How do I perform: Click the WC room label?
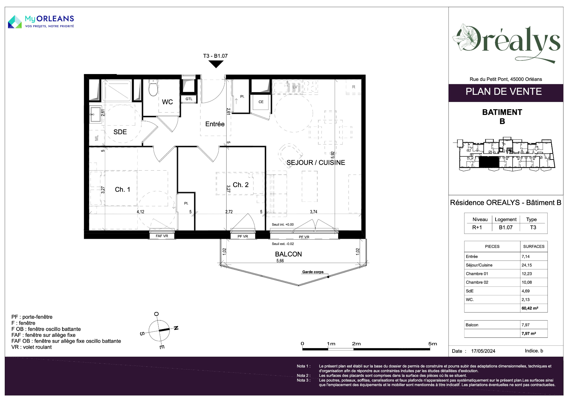click(x=167, y=102)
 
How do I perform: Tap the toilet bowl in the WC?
click(x=153, y=88)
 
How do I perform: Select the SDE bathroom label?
click(x=120, y=132)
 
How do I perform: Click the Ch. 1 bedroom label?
click(x=122, y=190)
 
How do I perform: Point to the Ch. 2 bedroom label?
click(x=241, y=185)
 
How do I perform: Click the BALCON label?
click(x=288, y=254)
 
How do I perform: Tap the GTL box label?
click(x=189, y=99)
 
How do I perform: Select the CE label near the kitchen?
click(x=261, y=102)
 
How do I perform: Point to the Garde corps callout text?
click(x=313, y=272)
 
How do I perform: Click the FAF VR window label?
click(x=162, y=236)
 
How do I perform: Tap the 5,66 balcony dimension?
click(x=280, y=261)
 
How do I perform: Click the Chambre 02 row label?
click(x=477, y=282)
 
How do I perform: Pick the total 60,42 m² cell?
click(x=530, y=308)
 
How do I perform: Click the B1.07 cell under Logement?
click(x=506, y=228)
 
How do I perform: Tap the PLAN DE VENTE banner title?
click(x=504, y=92)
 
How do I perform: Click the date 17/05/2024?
click(x=483, y=351)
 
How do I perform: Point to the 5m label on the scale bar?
click(x=433, y=344)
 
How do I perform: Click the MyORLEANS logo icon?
click(x=15, y=22)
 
